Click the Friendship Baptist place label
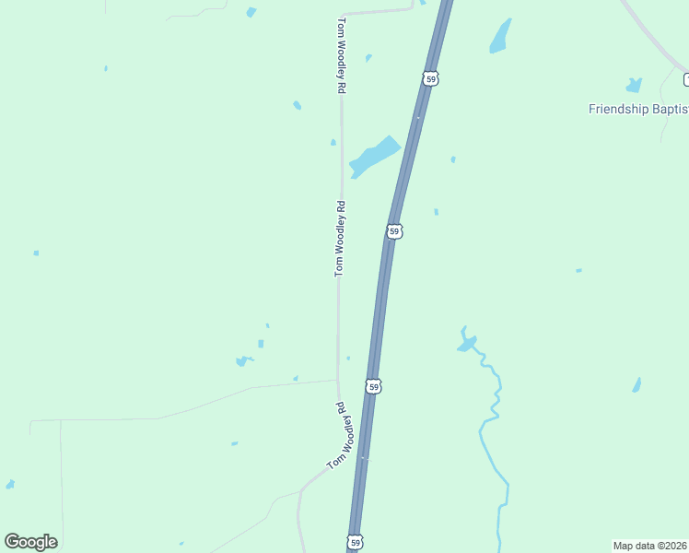(x=637, y=109)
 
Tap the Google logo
(x=30, y=542)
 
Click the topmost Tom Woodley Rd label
(x=341, y=54)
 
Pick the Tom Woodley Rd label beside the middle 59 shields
(x=339, y=239)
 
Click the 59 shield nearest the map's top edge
(x=430, y=78)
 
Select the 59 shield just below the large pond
(x=394, y=230)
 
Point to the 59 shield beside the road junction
(x=373, y=386)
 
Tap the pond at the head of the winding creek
(x=467, y=344)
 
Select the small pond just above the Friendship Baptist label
(x=634, y=86)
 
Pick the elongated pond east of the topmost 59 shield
(x=500, y=36)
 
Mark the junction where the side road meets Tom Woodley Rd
(x=337, y=380)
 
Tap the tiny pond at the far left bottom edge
(x=10, y=484)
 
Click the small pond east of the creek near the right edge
(x=636, y=384)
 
